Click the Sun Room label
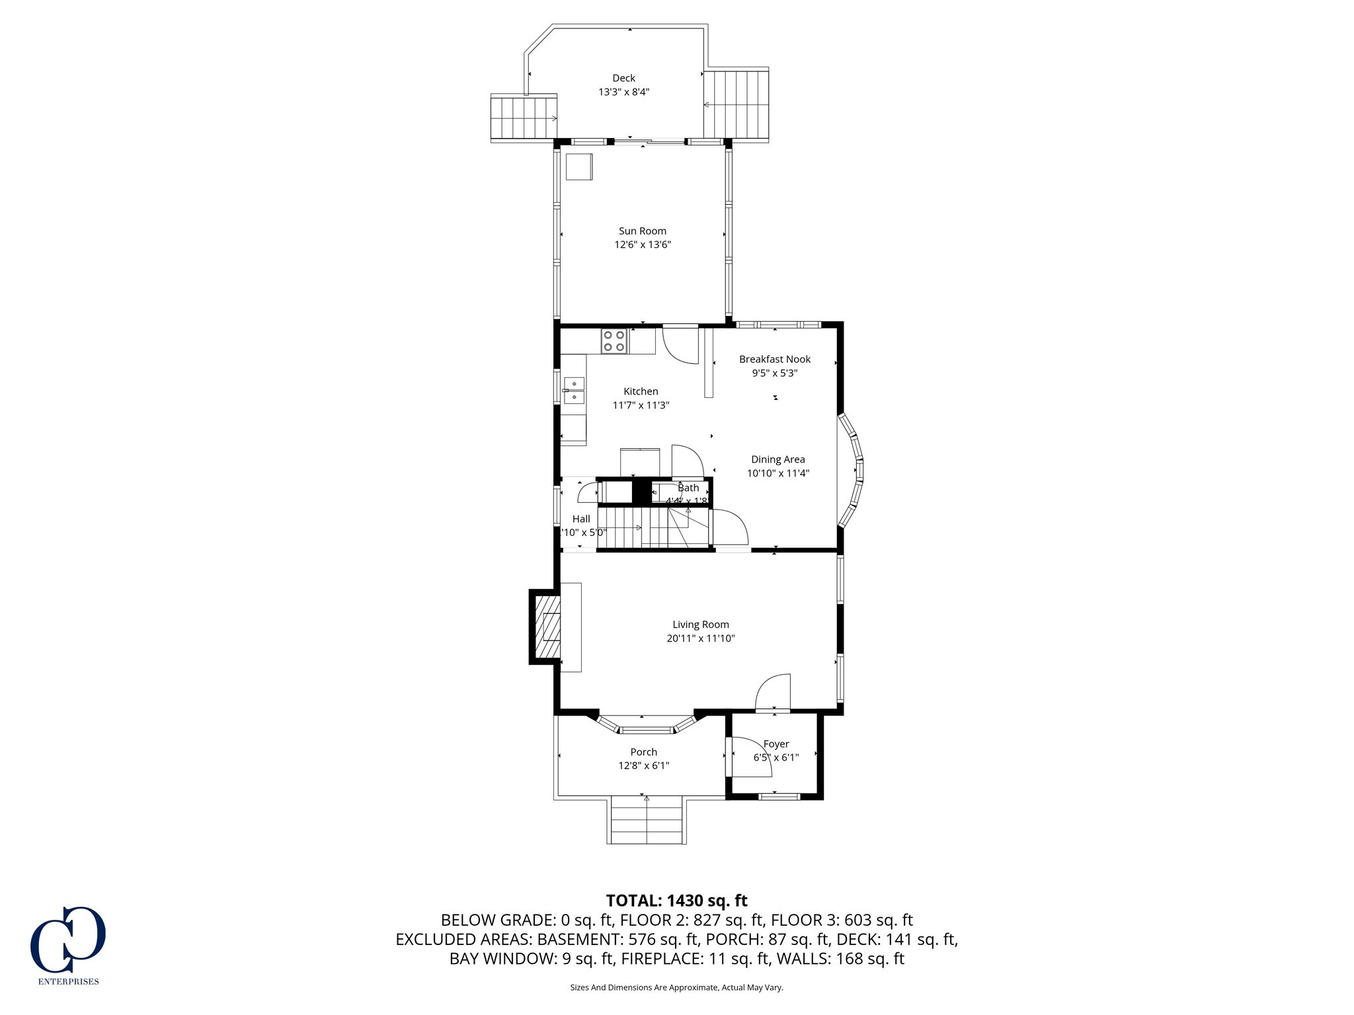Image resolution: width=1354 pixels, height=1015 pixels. click(x=642, y=231)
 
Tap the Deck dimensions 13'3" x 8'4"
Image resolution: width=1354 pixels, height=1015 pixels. click(x=623, y=92)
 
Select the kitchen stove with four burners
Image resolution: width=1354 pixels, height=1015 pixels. click(x=614, y=341)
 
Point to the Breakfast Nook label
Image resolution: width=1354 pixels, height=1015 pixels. click(x=774, y=359)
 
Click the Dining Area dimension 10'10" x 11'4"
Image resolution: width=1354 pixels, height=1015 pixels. click(x=777, y=473)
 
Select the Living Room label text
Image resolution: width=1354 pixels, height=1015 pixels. click(x=700, y=624)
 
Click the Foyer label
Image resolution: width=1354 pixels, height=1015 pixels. click(x=776, y=744)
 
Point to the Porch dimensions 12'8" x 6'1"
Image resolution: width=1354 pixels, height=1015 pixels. click(x=643, y=766)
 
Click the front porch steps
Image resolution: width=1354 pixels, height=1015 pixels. click(x=646, y=820)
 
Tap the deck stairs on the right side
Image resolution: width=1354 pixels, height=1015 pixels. click(x=735, y=105)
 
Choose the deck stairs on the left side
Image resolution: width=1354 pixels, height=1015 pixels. click(x=523, y=118)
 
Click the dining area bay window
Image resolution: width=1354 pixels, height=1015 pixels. click(x=854, y=470)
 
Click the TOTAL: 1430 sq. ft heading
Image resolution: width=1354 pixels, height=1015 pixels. click(x=676, y=901)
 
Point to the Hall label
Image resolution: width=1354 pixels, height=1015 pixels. click(x=581, y=519)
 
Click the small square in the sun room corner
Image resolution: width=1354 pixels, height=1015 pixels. click(x=579, y=167)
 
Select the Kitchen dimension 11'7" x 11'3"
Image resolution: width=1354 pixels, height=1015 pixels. click(x=641, y=405)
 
